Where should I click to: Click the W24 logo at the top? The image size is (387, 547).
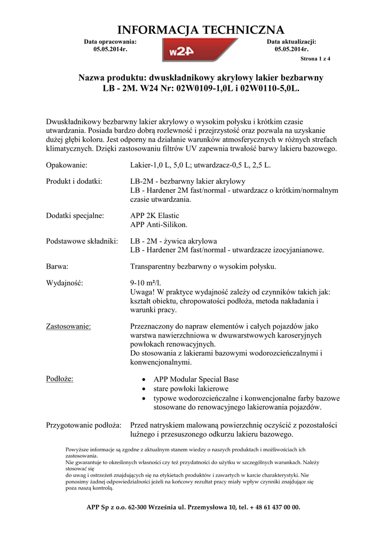click(x=200, y=51)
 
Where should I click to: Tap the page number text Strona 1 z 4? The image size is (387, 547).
click(x=315, y=59)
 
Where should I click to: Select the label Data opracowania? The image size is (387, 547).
click(x=110, y=41)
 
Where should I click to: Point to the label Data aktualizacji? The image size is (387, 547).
click(x=291, y=41)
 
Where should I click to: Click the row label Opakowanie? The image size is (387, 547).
click(x=67, y=166)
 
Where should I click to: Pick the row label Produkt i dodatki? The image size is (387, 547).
click(x=74, y=181)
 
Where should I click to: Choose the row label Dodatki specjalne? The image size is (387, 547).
click(x=75, y=216)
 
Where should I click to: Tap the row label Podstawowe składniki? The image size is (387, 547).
click(x=82, y=241)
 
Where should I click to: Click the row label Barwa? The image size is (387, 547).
click(x=58, y=266)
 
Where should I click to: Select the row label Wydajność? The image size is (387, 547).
click(x=65, y=283)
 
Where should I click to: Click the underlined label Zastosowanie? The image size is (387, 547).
click(x=68, y=326)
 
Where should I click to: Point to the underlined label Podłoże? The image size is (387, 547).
click(x=60, y=379)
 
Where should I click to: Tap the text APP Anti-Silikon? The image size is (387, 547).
click(x=159, y=225)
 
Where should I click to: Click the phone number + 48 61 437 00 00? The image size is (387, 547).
click(x=270, y=507)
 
